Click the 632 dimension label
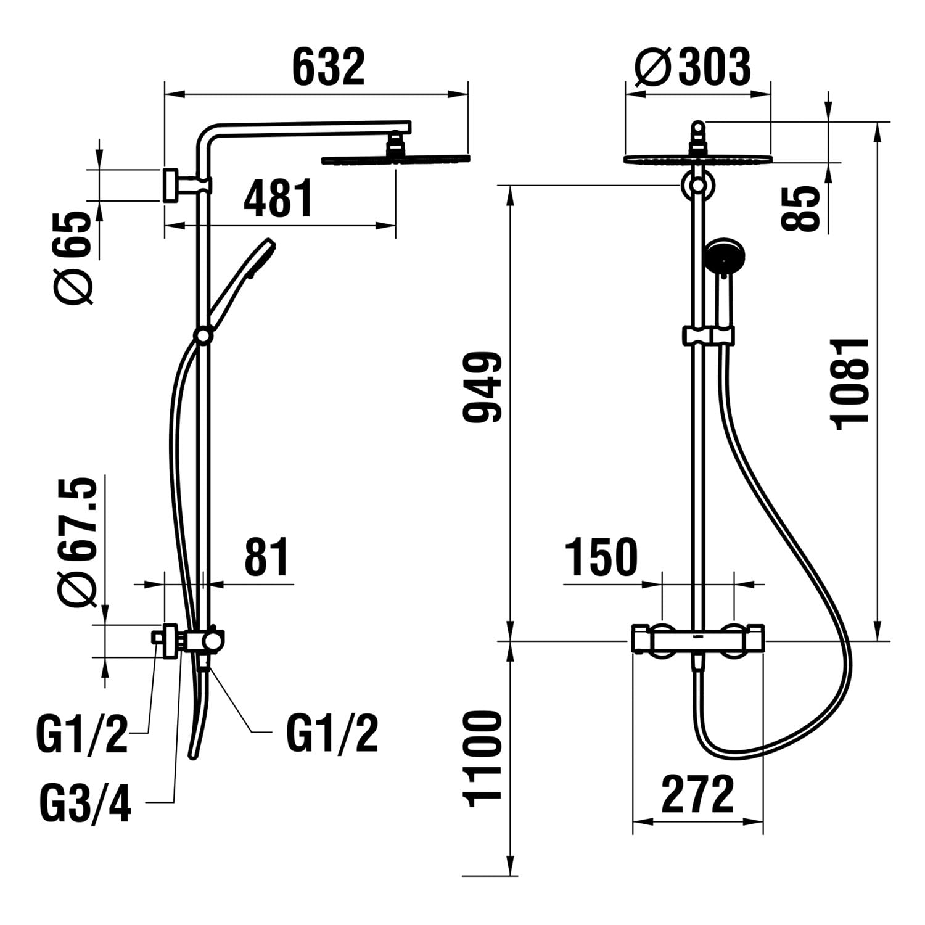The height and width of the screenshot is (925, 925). tap(329, 67)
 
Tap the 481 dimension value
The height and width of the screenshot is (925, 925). tap(279, 199)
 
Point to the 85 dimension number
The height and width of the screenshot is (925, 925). tap(800, 209)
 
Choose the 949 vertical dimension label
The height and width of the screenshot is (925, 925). tap(483, 387)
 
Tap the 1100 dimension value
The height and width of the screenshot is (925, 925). tap(483, 758)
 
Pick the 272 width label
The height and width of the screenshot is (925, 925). tap(698, 794)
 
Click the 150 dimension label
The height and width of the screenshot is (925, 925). tap(602, 557)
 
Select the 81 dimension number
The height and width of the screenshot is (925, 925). tap(266, 557)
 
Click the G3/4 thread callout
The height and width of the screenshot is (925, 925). tap(85, 803)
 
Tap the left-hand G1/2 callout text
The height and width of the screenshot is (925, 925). tap(83, 734)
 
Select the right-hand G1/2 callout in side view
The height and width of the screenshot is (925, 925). tap(332, 734)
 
